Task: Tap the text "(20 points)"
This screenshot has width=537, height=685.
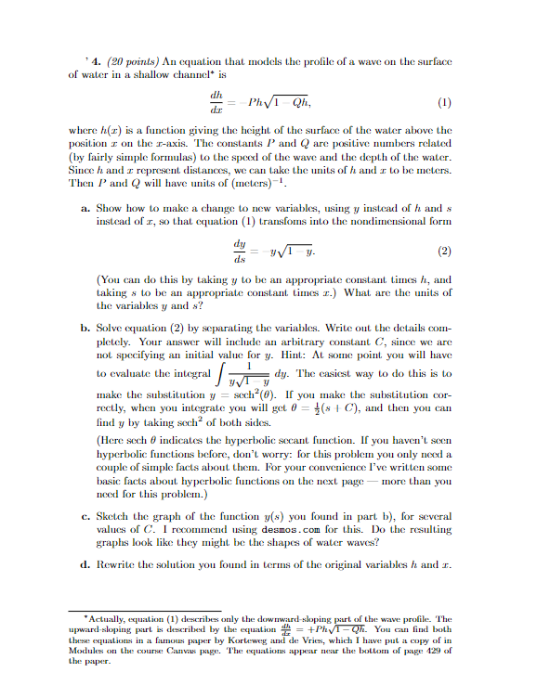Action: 113,44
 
